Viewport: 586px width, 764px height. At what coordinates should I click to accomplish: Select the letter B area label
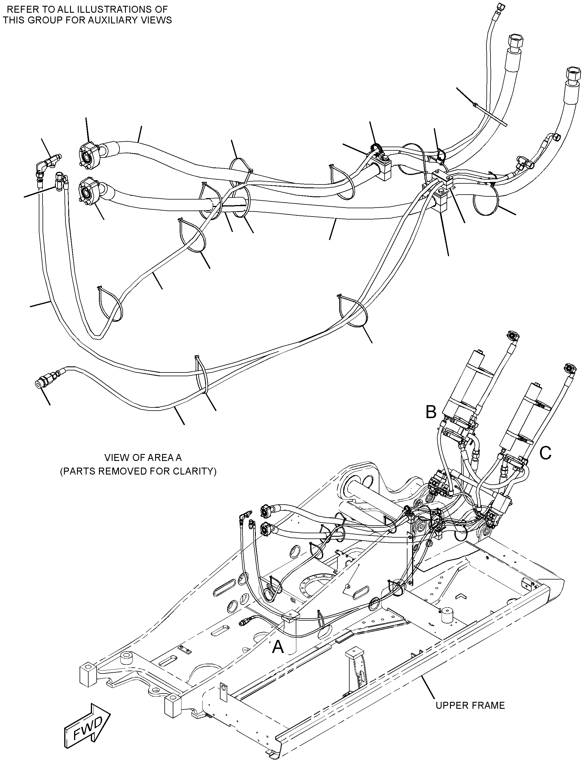[x=431, y=412]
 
